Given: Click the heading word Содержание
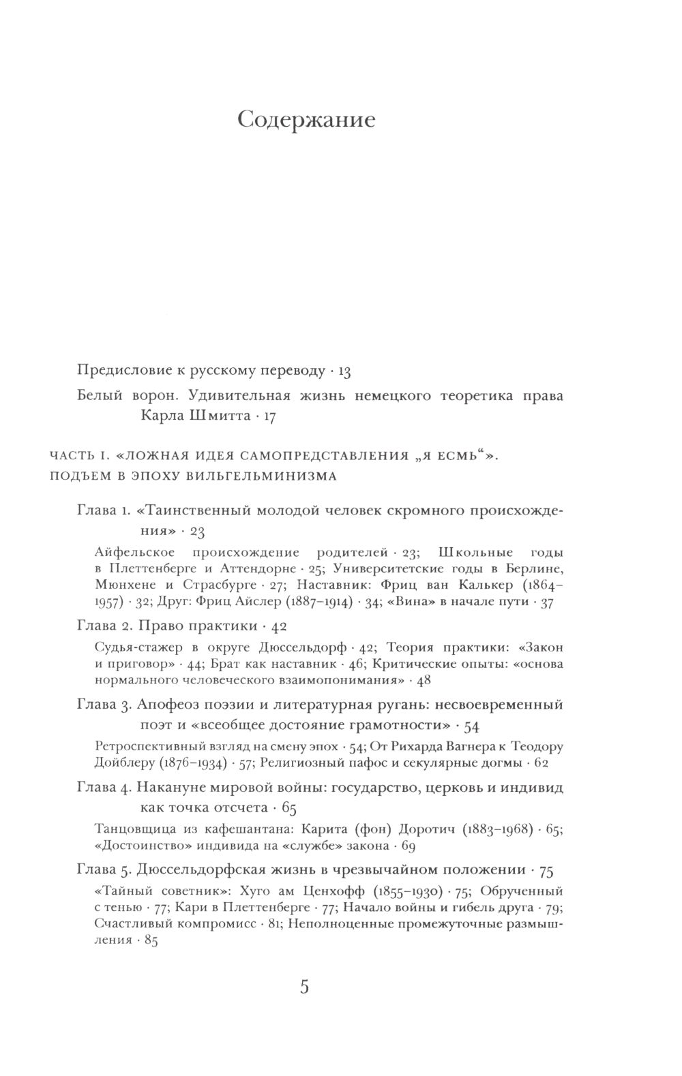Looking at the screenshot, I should [x=307, y=121].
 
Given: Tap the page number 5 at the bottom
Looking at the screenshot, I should [x=305, y=987].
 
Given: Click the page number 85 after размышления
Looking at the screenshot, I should [x=151, y=941].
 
